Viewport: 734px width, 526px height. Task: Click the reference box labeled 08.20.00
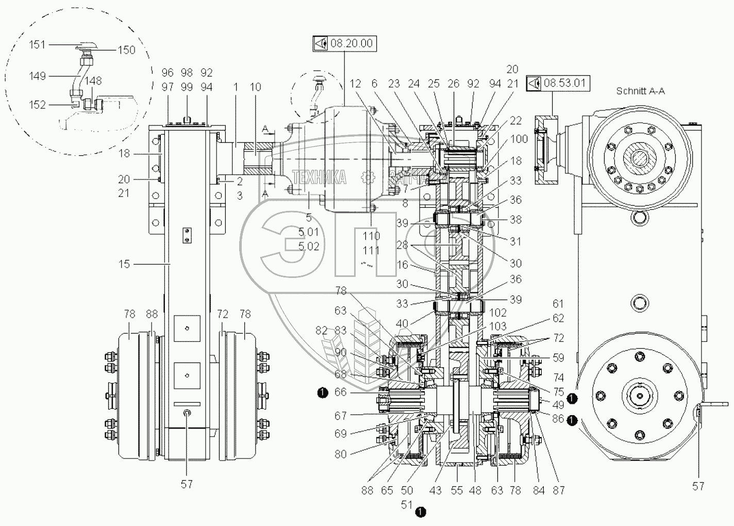pyautogui.click(x=344, y=43)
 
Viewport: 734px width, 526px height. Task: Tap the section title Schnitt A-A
pyautogui.click(x=641, y=91)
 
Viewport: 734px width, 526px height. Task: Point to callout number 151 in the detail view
pyautogui.click(x=37, y=45)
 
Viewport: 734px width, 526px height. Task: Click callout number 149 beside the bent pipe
pyautogui.click(x=38, y=76)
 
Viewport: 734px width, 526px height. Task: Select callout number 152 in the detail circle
pyautogui.click(x=38, y=105)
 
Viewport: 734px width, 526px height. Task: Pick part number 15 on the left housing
pyautogui.click(x=124, y=264)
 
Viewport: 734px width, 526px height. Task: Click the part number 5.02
pyautogui.click(x=309, y=246)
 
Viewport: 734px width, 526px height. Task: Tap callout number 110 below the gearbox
pyautogui.click(x=371, y=236)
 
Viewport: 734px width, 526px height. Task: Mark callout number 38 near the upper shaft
pyautogui.click(x=515, y=220)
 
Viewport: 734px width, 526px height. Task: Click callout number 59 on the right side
pyautogui.click(x=558, y=357)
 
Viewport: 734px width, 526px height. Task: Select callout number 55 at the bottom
pyautogui.click(x=457, y=490)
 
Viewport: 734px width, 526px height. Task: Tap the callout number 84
pyautogui.click(x=539, y=490)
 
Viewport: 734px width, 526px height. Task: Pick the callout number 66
pyautogui.click(x=340, y=393)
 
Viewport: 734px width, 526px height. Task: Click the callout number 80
pyautogui.click(x=340, y=454)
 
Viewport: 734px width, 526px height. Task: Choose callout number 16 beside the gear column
pyautogui.click(x=403, y=265)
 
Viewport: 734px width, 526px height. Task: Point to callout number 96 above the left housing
pyautogui.click(x=168, y=73)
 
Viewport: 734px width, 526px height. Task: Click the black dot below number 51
pyautogui.click(x=421, y=512)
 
